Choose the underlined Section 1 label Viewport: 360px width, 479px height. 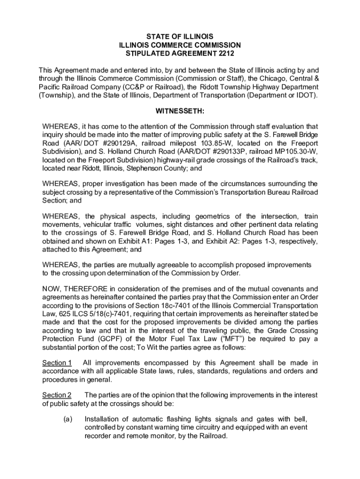pyautogui.click(x=57, y=363)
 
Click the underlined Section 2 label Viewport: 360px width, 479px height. pyautogui.click(x=57, y=395)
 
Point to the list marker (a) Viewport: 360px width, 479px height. pyautogui.click(x=67, y=419)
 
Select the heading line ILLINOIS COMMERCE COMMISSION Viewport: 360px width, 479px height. pyautogui.click(x=180, y=45)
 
